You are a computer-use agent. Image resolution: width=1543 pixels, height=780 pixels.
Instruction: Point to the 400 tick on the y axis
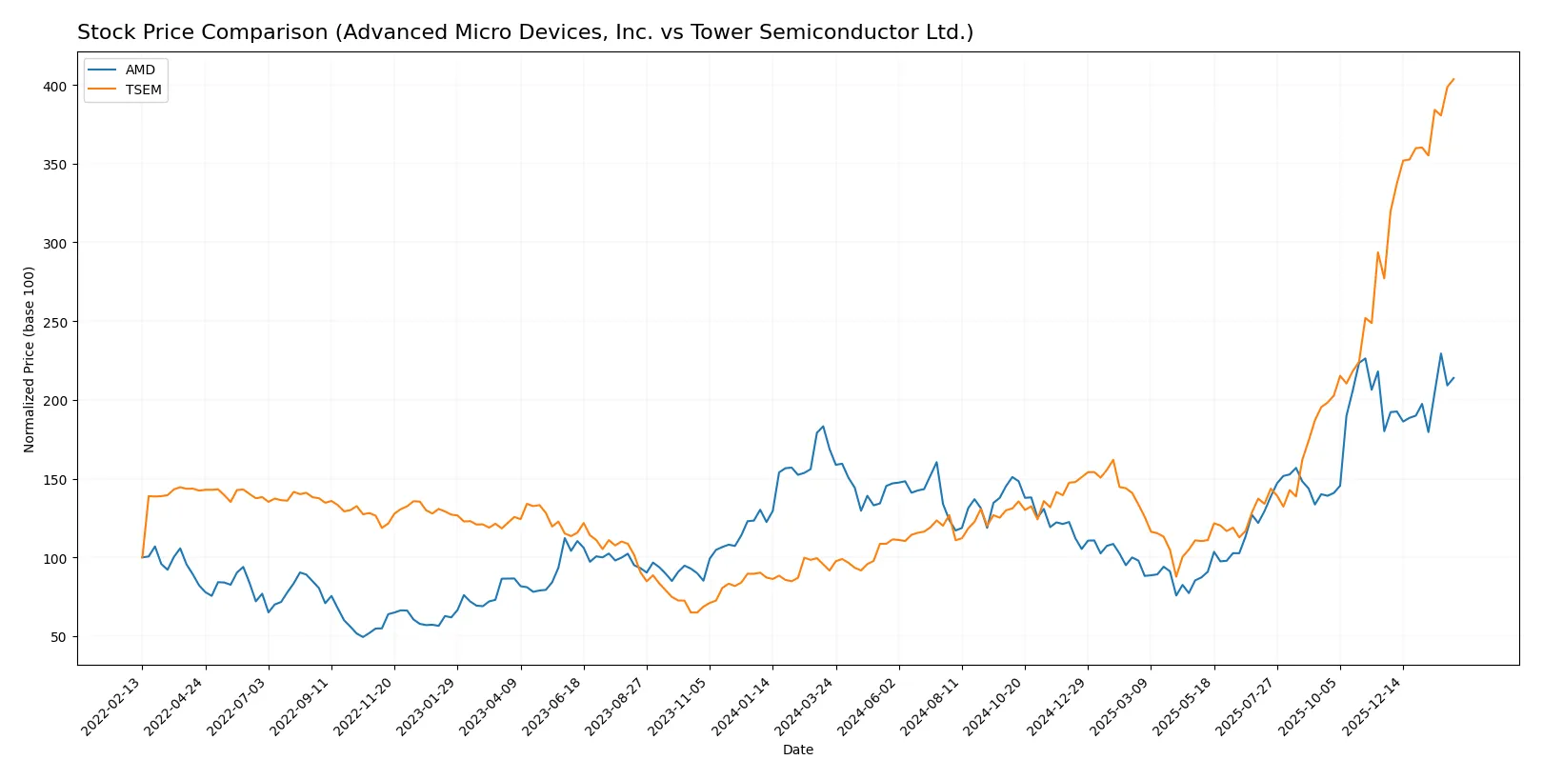(x=54, y=86)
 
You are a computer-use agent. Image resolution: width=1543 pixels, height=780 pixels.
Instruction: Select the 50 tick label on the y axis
(x=58, y=637)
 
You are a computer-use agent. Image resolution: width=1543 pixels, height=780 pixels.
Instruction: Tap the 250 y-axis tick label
(x=54, y=322)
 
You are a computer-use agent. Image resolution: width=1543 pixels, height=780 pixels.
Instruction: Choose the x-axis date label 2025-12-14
(x=1374, y=707)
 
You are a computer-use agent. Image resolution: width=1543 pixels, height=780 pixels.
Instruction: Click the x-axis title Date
(x=797, y=750)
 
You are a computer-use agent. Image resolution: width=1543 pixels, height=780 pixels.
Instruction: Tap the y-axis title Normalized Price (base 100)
(x=29, y=359)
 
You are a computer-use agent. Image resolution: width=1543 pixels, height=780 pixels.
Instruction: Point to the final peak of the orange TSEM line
(x=1453, y=79)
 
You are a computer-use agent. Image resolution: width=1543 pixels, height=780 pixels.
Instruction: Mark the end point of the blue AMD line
(x=1453, y=378)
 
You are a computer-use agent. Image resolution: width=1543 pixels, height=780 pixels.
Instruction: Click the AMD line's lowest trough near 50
(x=363, y=637)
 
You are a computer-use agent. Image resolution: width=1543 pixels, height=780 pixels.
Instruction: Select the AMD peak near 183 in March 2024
(x=823, y=427)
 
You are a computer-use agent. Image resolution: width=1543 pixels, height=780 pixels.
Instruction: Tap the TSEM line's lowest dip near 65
(x=692, y=612)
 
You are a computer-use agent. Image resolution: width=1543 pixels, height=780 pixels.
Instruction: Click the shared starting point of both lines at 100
(x=142, y=557)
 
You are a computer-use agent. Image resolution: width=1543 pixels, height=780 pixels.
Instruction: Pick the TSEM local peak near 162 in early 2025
(x=1113, y=460)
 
